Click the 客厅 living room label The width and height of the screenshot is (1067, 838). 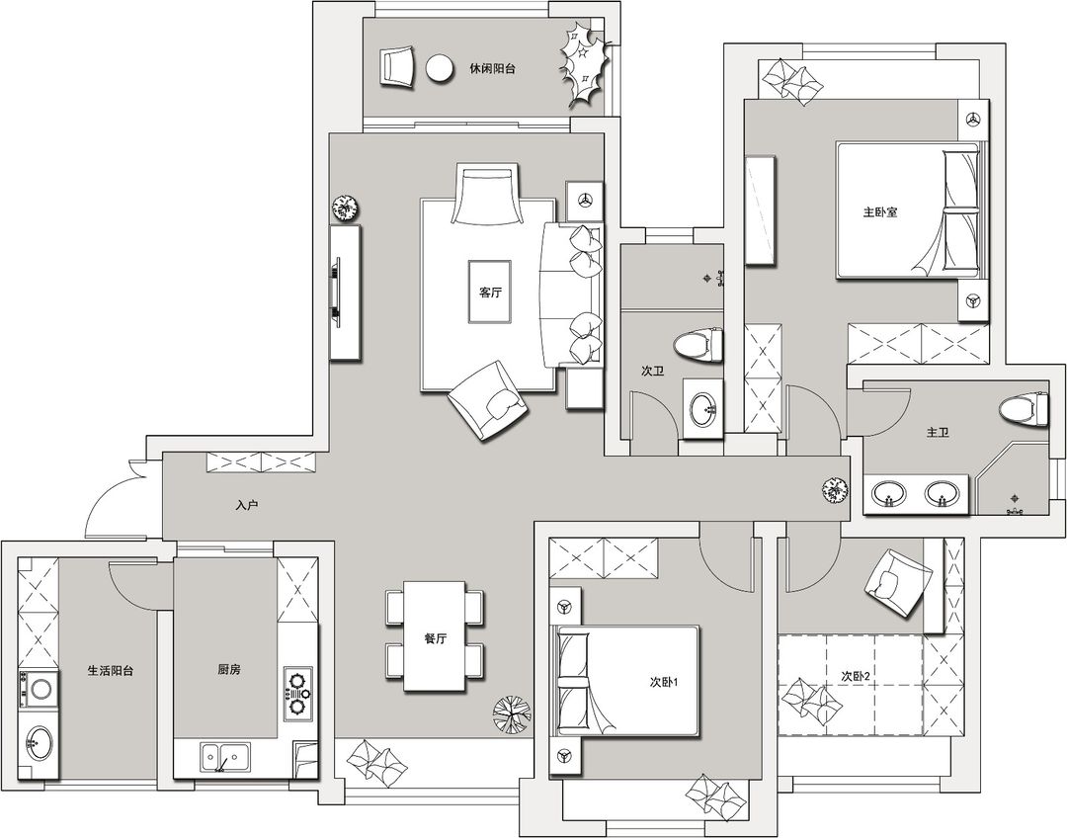tap(490, 293)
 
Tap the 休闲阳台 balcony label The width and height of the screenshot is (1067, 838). tap(492, 69)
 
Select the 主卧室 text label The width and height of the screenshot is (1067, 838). tap(880, 212)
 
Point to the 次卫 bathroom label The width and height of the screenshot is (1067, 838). tap(653, 371)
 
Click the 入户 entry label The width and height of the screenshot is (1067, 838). tap(247, 506)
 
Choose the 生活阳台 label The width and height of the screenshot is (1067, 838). tap(111, 671)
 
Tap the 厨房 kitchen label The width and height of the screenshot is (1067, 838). tap(229, 670)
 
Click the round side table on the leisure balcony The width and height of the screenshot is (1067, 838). tap(440, 68)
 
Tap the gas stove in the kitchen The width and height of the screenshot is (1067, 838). tap(298, 693)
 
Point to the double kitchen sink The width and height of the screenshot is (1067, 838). tap(225, 758)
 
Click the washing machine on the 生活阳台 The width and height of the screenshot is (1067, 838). tap(39, 690)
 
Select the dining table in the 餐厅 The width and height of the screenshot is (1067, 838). tap(435, 635)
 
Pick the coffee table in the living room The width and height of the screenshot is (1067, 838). tap(489, 292)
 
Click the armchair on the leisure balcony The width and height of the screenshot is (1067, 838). tap(397, 66)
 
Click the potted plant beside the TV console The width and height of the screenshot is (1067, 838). tap(346, 208)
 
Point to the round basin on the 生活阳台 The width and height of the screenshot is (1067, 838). tap(39, 742)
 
